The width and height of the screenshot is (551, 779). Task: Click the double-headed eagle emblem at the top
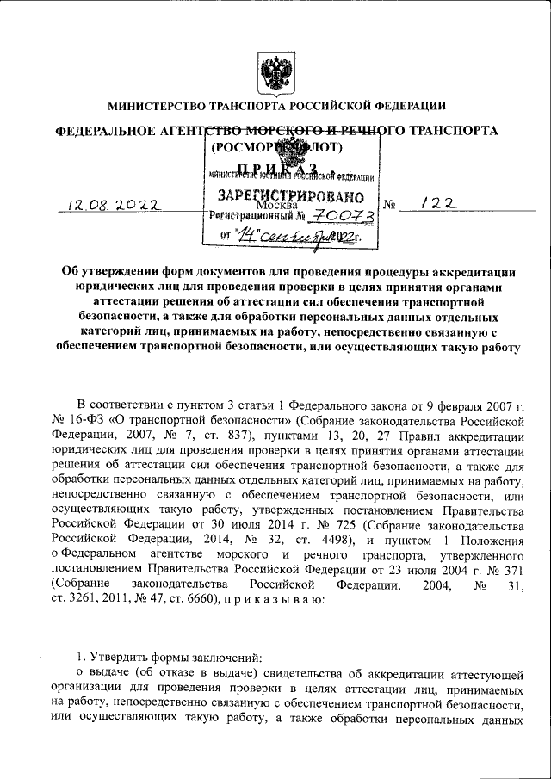coord(275,70)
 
